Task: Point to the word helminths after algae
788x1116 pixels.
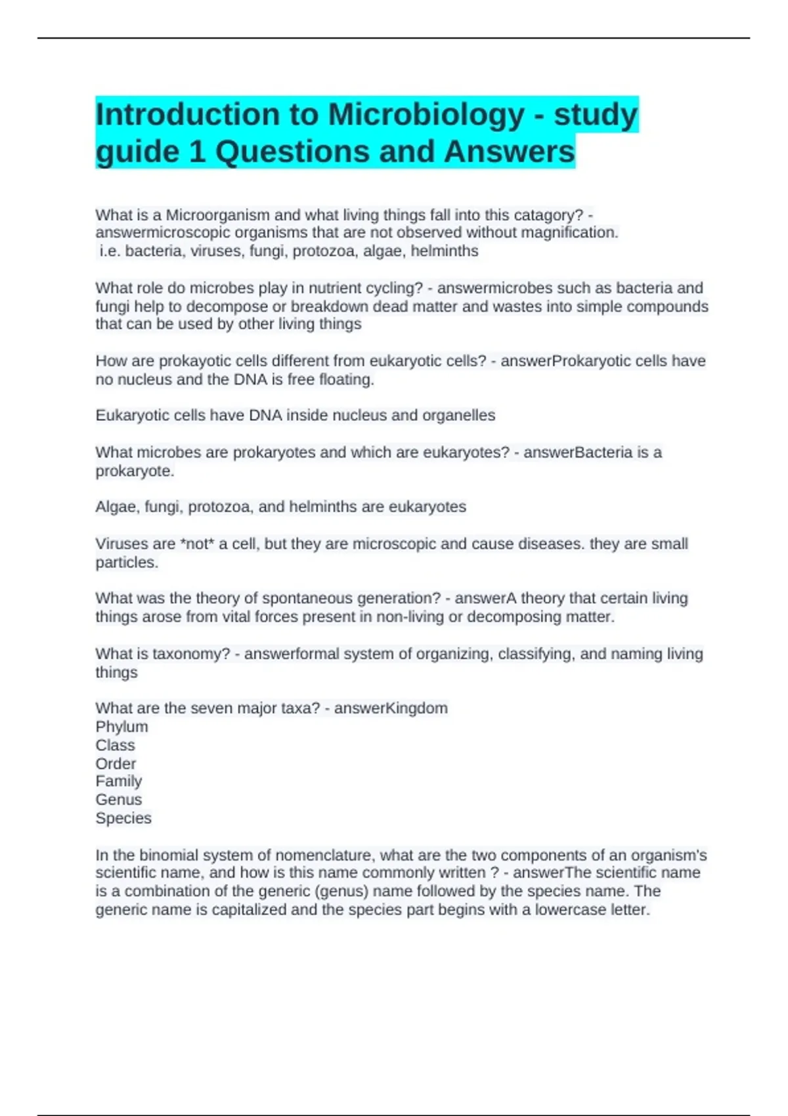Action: [x=445, y=251]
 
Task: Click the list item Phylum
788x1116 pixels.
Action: [x=121, y=727]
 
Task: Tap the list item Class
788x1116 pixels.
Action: [x=115, y=745]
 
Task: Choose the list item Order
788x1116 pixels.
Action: [x=116, y=763]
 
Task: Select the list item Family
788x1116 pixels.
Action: [x=118, y=781]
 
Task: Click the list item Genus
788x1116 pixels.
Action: [x=118, y=800]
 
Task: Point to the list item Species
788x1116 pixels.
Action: [x=123, y=818]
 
